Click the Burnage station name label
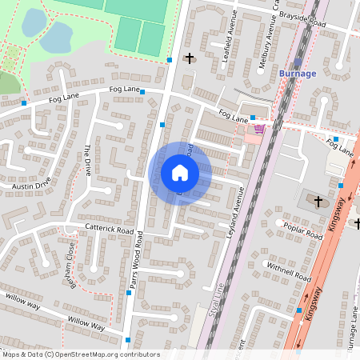coord(298,74)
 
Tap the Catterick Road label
coord(108,229)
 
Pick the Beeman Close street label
coord(70,269)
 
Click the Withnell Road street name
coord(289,271)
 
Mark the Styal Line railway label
coord(214,295)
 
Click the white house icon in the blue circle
coord(180,173)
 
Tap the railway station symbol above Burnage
coord(298,62)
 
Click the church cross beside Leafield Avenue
coord(190,58)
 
